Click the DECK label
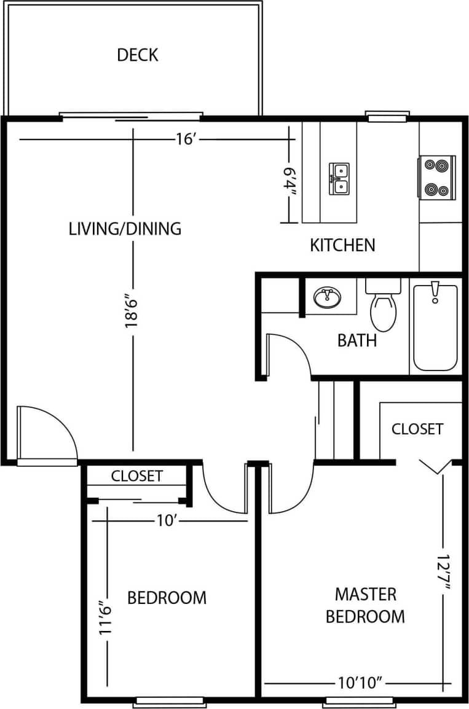pyautogui.click(x=138, y=55)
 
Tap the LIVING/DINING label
pyautogui.click(x=125, y=229)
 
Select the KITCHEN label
pyautogui.click(x=342, y=245)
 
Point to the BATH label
pyautogui.click(x=357, y=340)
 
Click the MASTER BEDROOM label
pyautogui.click(x=365, y=605)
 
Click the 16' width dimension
pyautogui.click(x=185, y=139)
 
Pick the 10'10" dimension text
pyautogui.click(x=361, y=683)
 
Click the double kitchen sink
pyautogui.click(x=339, y=178)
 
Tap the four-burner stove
pyautogui.click(x=438, y=178)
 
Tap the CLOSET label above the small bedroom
pyautogui.click(x=137, y=476)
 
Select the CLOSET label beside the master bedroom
pyautogui.click(x=417, y=428)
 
